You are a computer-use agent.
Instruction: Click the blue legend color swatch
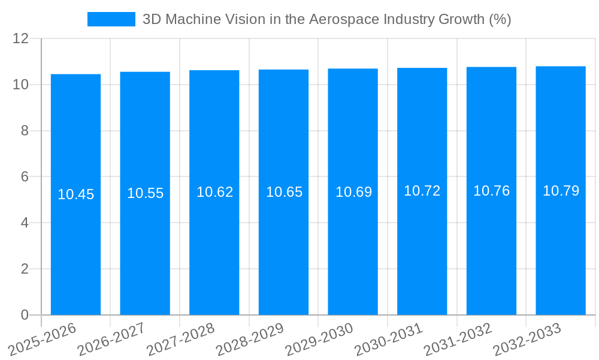coord(111,19)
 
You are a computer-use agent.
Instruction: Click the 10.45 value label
coord(75,194)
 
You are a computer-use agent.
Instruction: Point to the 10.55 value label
coord(145,193)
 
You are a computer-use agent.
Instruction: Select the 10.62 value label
coord(214,192)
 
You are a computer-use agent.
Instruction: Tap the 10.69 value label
coord(353,192)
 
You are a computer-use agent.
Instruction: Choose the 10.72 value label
coord(422,191)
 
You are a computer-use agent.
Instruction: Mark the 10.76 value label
coord(491,191)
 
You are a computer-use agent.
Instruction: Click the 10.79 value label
coord(561,191)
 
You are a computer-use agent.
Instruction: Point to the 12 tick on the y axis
coord(21,38)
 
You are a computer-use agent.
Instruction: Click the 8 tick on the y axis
coord(25,131)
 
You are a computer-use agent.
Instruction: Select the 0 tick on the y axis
coord(25,315)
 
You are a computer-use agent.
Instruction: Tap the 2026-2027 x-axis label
coord(111,339)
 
